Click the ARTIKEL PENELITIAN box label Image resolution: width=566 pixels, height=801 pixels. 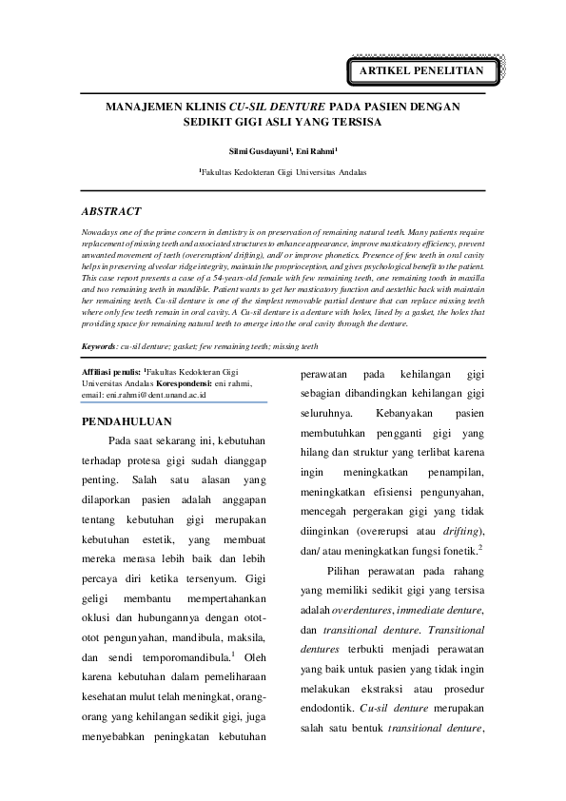(x=420, y=71)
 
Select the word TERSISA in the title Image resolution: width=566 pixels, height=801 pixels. (x=355, y=124)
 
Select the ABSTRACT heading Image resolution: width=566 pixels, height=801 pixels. (x=111, y=211)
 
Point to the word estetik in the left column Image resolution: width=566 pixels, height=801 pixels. (x=154, y=539)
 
